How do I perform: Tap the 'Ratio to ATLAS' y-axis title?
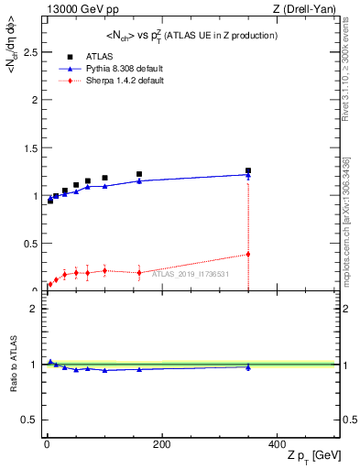12,365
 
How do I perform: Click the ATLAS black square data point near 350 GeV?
248,170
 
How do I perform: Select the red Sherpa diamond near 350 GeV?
248,254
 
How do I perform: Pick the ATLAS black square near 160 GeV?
139,174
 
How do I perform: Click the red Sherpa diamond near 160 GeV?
139,272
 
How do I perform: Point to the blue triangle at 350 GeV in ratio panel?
248,367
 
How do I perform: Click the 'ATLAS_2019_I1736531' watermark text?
191,273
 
